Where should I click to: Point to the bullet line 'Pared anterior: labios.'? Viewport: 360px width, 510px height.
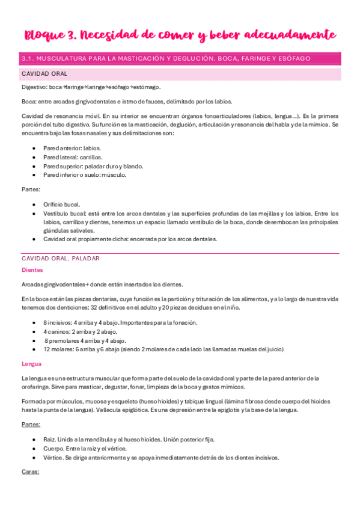pyautogui.click(x=72, y=148)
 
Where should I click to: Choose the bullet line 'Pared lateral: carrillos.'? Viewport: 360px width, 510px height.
pyautogui.click(x=73, y=157)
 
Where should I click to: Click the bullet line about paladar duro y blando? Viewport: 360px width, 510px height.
pyautogui.click(x=93, y=166)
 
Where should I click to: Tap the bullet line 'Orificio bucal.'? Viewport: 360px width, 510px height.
pyautogui.click(x=61, y=204)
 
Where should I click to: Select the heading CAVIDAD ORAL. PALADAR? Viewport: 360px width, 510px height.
pyautogui.click(x=60, y=258)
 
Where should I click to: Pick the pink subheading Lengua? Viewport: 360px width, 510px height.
pyautogui.click(x=31, y=364)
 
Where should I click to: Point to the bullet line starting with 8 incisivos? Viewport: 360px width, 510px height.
pyautogui.click(x=120, y=322)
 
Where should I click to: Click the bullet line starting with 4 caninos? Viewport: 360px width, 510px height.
pyautogui.click(x=80, y=331)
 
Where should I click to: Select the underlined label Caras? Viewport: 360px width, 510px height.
pyautogui.click(x=30, y=472)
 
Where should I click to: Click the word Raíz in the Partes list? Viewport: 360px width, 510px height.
pyautogui.click(x=50, y=440)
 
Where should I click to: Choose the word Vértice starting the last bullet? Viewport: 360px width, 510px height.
pyautogui.click(x=54, y=458)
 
